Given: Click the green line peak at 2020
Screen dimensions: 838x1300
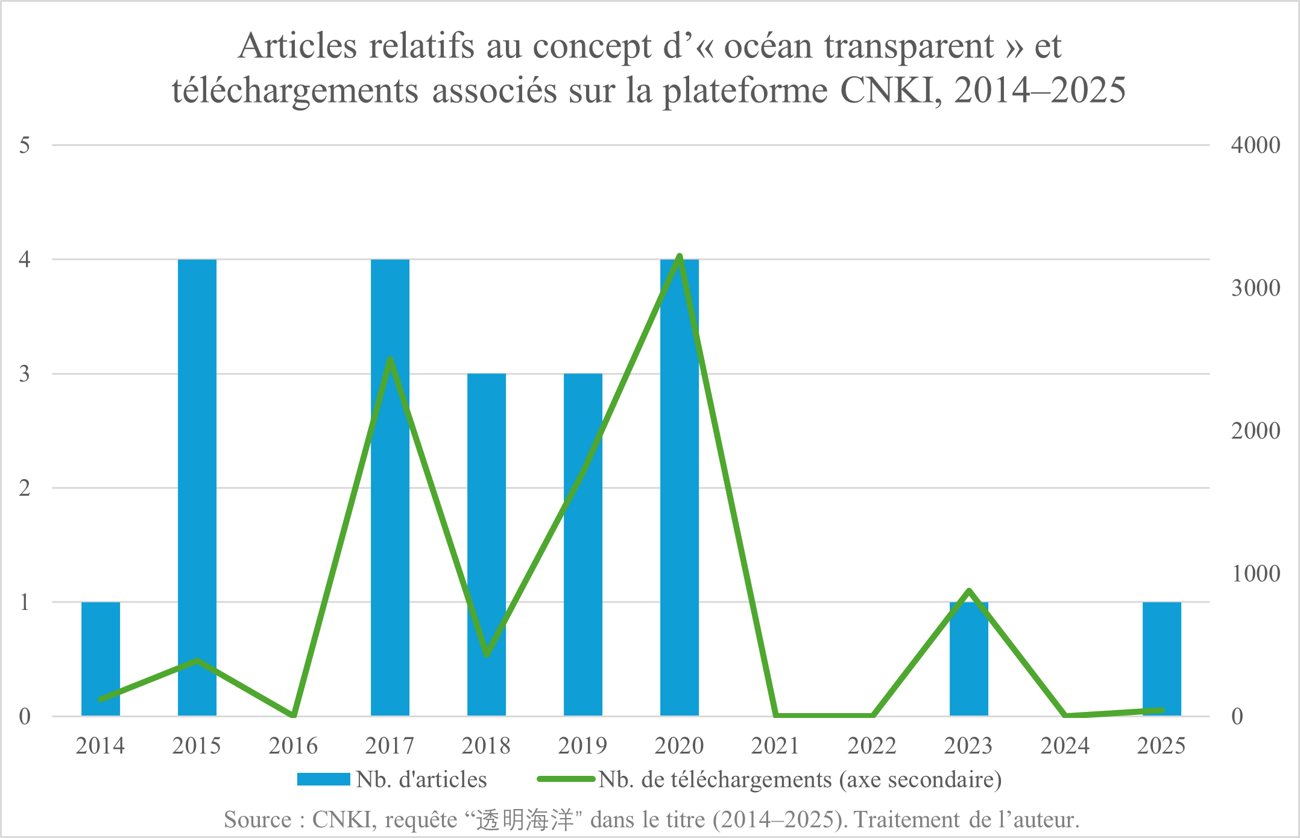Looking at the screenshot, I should click(x=680, y=256).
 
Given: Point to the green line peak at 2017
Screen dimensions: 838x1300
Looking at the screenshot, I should click(x=390, y=360).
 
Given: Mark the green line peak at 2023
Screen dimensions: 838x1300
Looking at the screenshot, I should click(x=969, y=591).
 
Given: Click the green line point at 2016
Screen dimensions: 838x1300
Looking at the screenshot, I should click(x=294, y=716).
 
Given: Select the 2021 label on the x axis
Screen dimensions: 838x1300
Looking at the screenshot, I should click(x=775, y=746).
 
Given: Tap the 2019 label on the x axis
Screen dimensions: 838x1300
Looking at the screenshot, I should click(x=582, y=746).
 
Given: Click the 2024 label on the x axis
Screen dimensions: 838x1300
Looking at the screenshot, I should click(x=1065, y=746).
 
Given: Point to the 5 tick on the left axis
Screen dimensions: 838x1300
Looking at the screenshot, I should click(x=25, y=145).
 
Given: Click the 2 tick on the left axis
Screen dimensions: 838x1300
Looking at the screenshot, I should click(x=25, y=488).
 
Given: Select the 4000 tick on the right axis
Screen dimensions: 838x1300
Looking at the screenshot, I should click(x=1255, y=145).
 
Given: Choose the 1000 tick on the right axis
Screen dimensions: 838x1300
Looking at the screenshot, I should click(x=1255, y=574).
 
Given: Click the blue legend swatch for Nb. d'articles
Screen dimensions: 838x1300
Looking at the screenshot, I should click(x=324, y=779).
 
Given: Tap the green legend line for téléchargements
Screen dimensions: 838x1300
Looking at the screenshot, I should click(x=566, y=779).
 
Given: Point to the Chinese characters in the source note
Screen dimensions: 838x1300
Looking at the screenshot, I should click(x=525, y=820).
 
